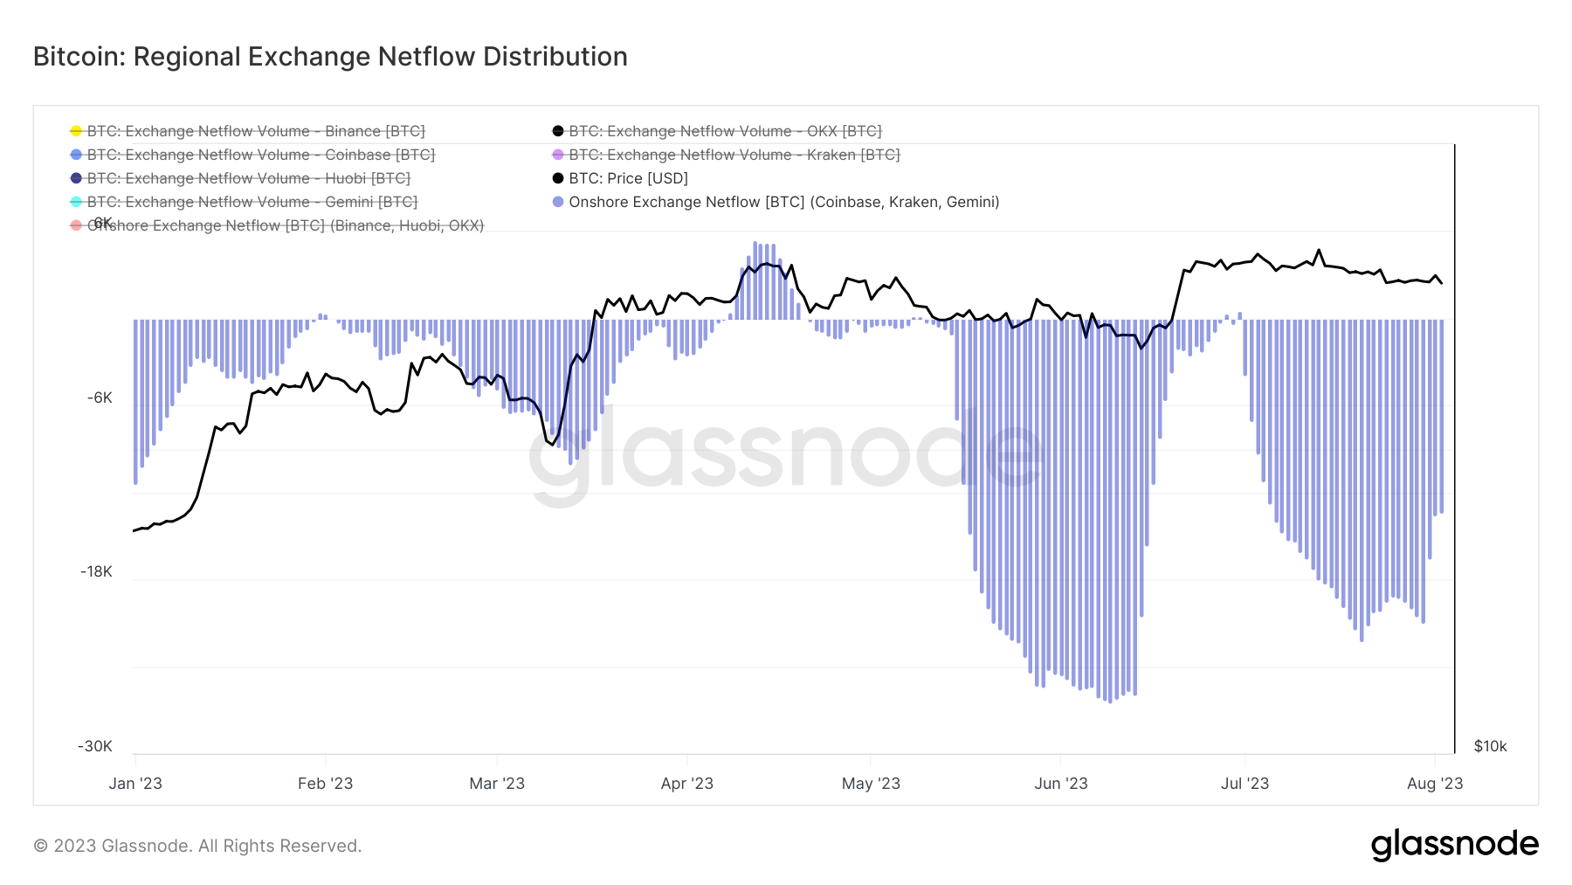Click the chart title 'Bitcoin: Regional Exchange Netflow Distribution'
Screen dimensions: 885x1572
coord(330,57)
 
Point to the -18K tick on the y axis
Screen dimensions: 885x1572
coord(96,572)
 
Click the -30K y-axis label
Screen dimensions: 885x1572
coord(95,747)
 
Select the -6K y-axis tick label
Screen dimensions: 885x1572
coord(100,398)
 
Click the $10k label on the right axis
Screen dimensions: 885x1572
coord(1490,747)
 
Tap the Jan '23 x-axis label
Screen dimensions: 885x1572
coord(135,784)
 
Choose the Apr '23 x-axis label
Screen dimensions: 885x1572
coord(687,784)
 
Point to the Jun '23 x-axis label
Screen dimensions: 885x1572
coord(1061,784)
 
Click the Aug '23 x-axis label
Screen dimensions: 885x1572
coord(1435,784)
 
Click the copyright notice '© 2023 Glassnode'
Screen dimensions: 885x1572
coord(197,846)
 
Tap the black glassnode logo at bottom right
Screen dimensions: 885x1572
coord(1454,845)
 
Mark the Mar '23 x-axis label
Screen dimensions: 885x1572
coord(497,784)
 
